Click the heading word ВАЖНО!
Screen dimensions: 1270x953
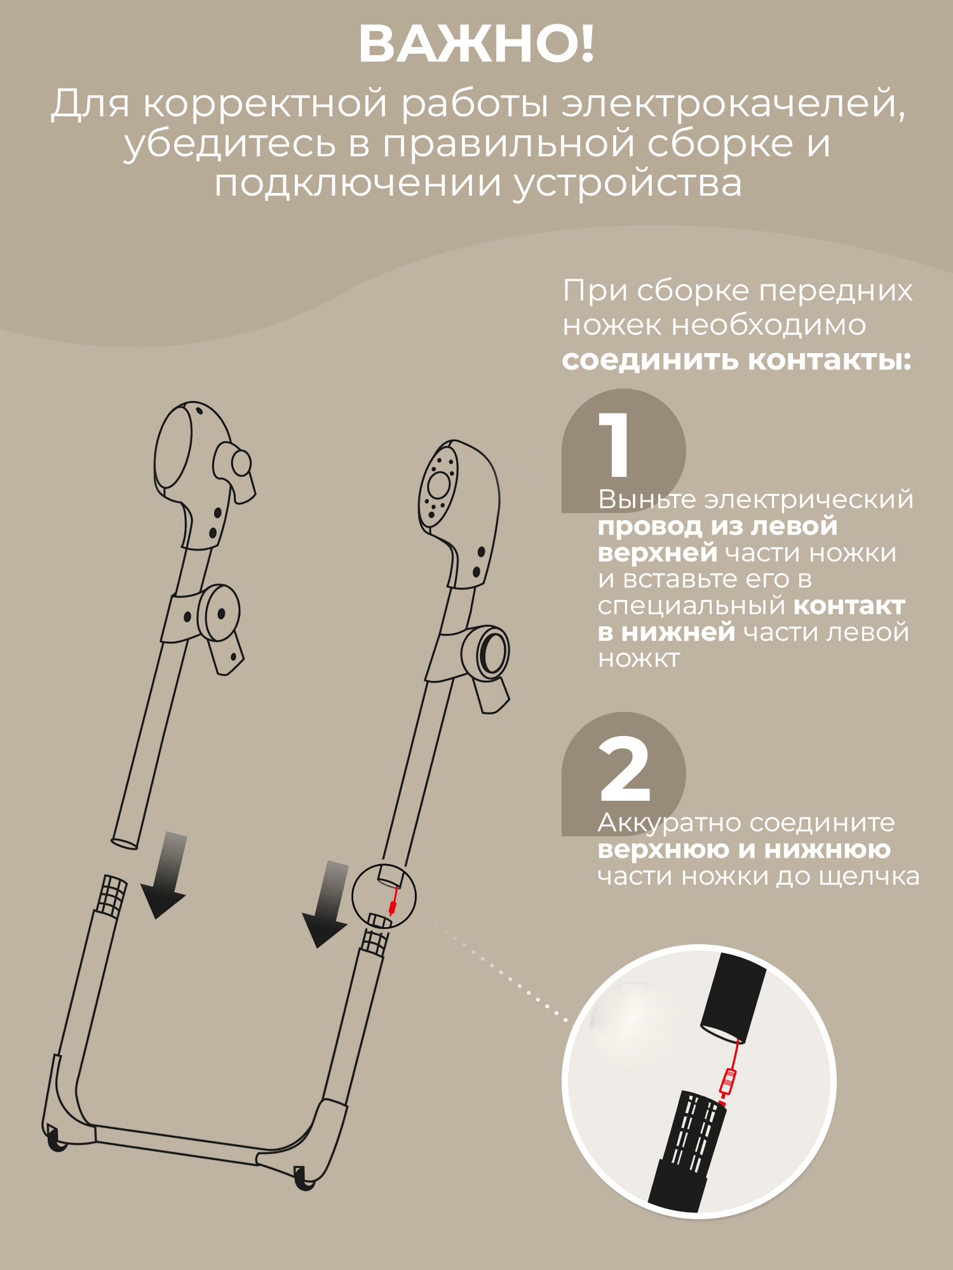coord(476,44)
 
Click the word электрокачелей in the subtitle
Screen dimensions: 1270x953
coord(734,104)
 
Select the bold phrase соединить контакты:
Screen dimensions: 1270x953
coord(737,360)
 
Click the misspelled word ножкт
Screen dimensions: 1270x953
coord(639,659)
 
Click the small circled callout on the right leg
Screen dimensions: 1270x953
coord(384,896)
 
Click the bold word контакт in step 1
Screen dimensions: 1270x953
coord(849,606)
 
